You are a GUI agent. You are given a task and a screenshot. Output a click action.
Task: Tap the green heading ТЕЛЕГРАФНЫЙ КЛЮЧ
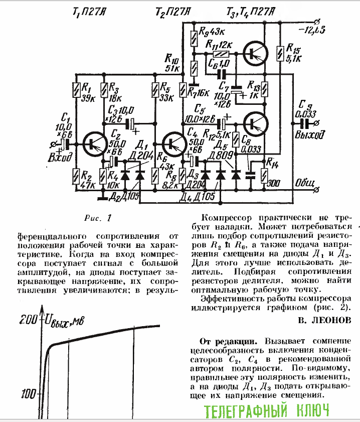tap(267, 411)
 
